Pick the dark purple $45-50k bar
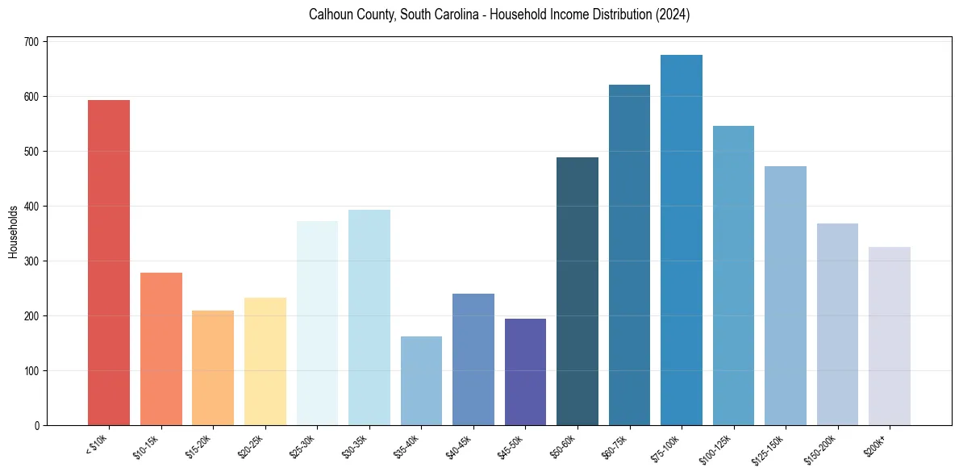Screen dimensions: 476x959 tap(525, 372)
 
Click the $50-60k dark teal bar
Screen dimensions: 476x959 tap(577, 291)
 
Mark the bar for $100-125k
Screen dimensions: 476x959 tap(733, 275)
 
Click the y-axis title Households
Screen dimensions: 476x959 tap(13, 231)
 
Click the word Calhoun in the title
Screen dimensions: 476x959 tap(330, 15)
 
